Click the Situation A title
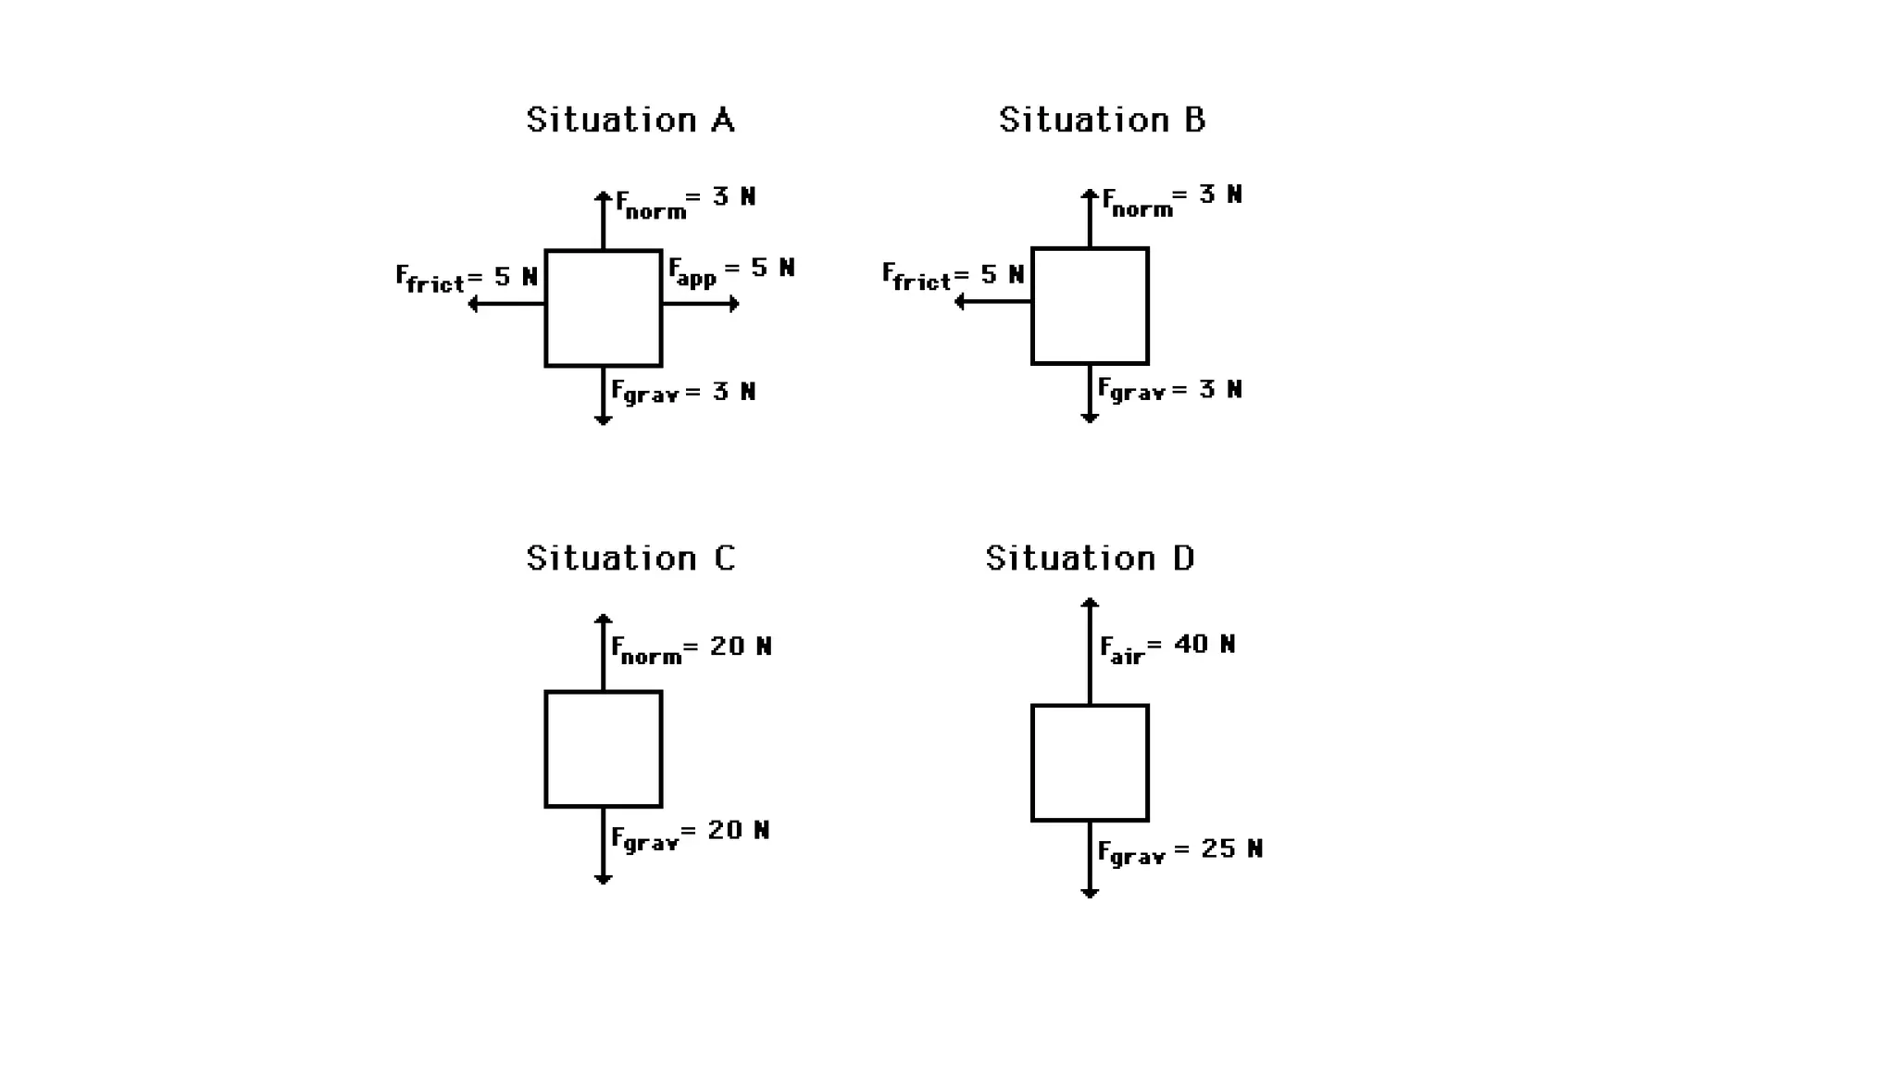[630, 120]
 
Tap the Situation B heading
[1102, 120]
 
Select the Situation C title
[630, 559]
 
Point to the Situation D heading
[1090, 559]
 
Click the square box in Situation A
[604, 308]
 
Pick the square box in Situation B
[1090, 306]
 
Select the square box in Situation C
[604, 749]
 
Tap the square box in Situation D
[1090, 763]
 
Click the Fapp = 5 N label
[731, 270]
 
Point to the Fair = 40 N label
[1167, 646]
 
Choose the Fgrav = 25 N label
[1179, 851]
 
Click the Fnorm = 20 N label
[691, 648]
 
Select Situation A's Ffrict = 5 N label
[467, 278]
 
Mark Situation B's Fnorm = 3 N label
[1172, 200]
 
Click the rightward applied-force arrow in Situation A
[701, 304]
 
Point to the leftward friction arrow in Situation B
[992, 302]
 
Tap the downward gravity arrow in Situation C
[604, 846]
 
